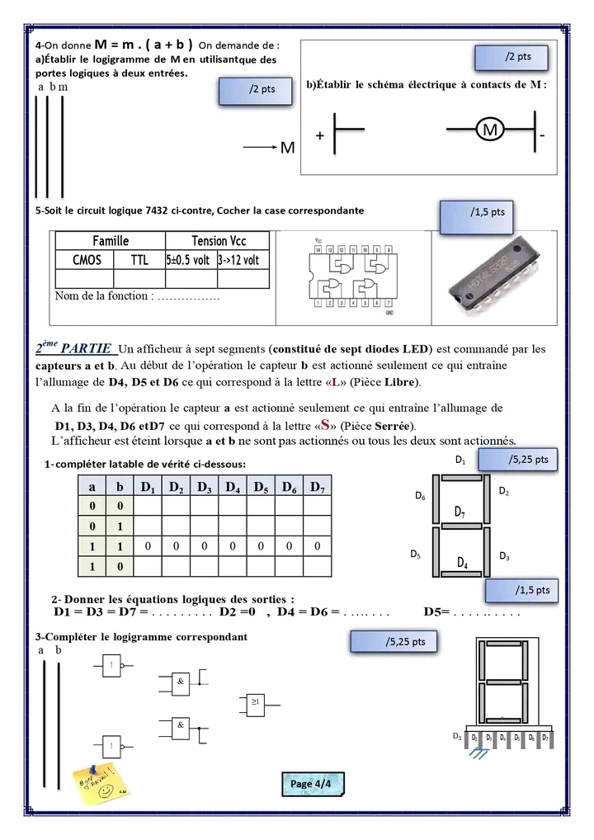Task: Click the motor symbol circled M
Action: click(x=490, y=130)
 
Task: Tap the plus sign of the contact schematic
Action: click(x=319, y=134)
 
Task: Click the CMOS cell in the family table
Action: click(x=87, y=259)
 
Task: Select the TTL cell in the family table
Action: click(x=140, y=259)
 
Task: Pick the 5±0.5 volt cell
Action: click(x=189, y=259)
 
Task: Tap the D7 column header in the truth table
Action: click(x=317, y=487)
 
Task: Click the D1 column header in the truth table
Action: click(x=148, y=487)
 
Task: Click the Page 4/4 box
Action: click(x=310, y=783)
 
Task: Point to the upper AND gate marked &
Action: click(x=179, y=680)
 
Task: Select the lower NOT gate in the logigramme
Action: click(x=111, y=748)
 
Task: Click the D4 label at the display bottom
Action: click(x=463, y=563)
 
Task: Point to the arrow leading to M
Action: click(x=260, y=148)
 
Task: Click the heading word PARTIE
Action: click(x=86, y=348)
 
